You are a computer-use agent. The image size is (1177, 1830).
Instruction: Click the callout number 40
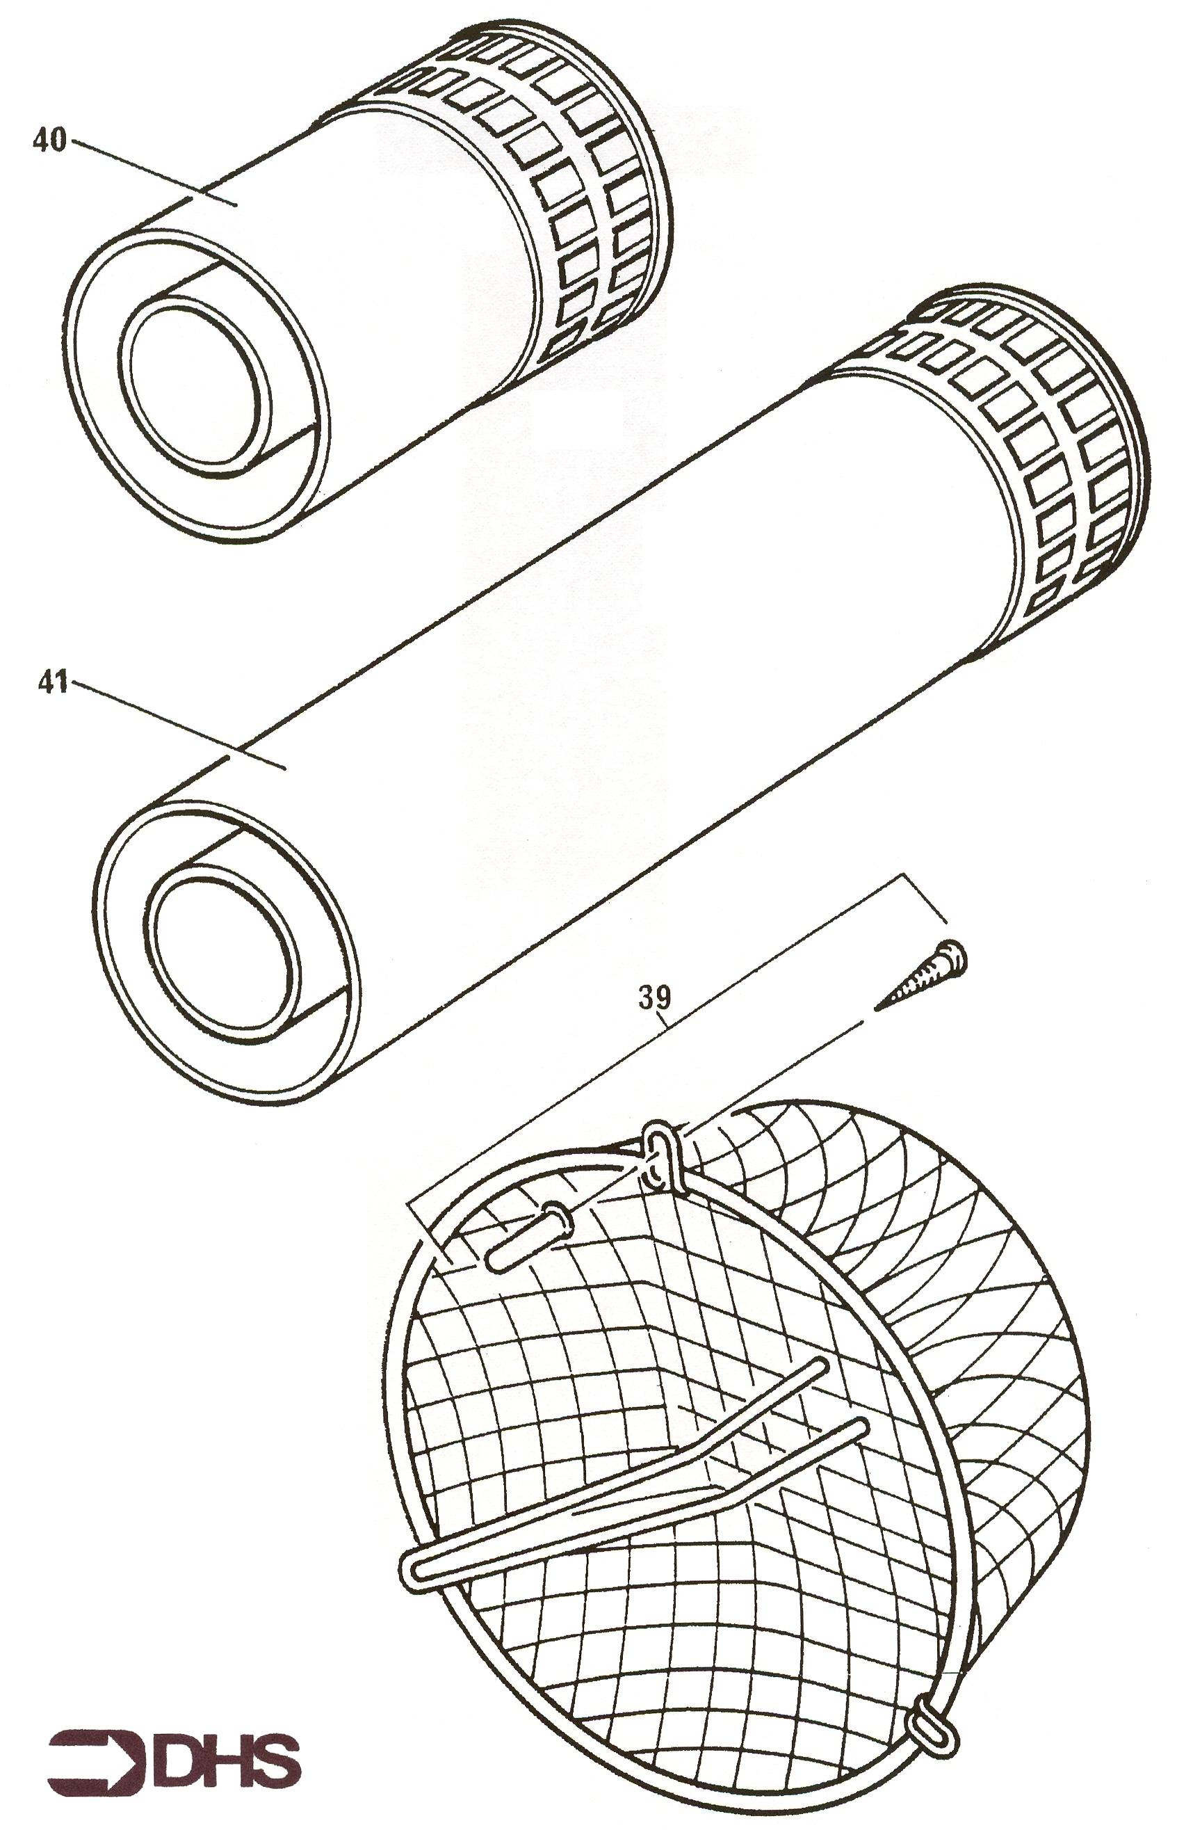(49, 141)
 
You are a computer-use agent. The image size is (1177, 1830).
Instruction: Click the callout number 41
(54, 682)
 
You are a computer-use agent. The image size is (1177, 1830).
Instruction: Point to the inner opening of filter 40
(195, 382)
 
